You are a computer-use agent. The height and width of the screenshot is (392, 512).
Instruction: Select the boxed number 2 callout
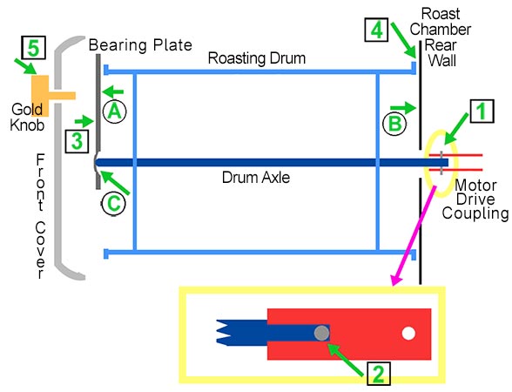[x=378, y=372]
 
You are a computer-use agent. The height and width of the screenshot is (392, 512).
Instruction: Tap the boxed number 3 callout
[x=76, y=139]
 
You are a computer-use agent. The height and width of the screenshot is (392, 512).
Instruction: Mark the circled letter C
[x=113, y=203]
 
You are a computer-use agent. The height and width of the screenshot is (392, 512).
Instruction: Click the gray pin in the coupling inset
[x=321, y=332]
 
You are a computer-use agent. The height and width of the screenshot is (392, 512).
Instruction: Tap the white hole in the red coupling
[x=407, y=333]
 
